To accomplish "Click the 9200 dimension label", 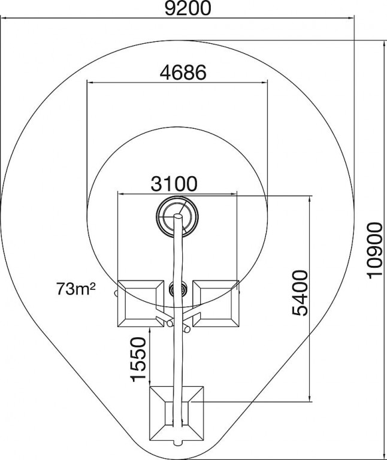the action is [x=188, y=8].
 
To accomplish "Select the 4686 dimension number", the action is [x=183, y=72].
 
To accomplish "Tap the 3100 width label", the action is [x=174, y=184].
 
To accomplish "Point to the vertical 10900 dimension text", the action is [x=374, y=250].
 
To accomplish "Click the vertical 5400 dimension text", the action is [x=300, y=293].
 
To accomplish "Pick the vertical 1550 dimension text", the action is [x=138, y=359].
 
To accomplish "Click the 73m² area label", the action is [x=75, y=289].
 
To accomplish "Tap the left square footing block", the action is [x=141, y=304].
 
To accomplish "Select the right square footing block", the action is [x=216, y=304].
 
